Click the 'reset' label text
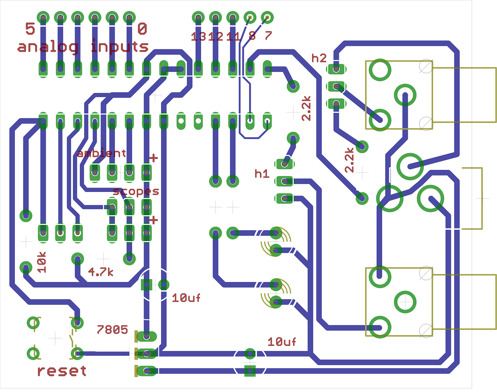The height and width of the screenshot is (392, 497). click(62, 371)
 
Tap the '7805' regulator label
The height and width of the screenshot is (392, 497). click(112, 330)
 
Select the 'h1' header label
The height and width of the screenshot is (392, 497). click(262, 174)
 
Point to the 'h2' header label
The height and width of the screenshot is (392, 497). click(319, 58)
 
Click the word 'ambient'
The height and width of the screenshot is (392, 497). click(102, 153)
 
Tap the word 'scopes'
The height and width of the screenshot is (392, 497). click(136, 191)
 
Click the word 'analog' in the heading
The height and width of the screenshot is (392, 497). click(48, 47)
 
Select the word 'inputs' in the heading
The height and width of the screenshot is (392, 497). click(119, 47)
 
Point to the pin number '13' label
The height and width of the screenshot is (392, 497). click(198, 36)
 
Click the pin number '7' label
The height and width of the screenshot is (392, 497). click(268, 36)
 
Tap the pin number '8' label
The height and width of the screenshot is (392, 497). click(252, 36)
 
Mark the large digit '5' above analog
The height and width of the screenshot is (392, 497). click(30, 29)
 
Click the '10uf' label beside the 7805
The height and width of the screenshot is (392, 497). click(186, 298)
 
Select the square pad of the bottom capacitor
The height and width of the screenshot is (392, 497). click(250, 371)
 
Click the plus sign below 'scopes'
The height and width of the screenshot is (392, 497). click(153, 220)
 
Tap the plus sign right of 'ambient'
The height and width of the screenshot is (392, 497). click(153, 158)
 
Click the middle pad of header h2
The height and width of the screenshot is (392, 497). click(336, 86)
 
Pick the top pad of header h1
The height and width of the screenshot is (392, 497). click(285, 164)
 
